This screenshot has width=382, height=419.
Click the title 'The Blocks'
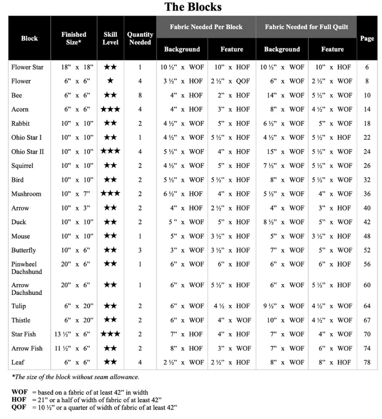tap(193, 7)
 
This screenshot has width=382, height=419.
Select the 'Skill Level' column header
tap(110, 38)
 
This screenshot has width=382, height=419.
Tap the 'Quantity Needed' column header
tap(140, 38)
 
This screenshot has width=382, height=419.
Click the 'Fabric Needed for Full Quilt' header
tap(306, 27)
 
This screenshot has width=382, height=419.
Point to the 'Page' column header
tap(367, 38)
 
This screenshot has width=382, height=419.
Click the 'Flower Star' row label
tap(27, 67)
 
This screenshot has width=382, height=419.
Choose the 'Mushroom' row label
tap(26, 194)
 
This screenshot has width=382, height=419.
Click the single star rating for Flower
tap(110, 81)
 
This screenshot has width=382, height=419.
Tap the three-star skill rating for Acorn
tap(110, 109)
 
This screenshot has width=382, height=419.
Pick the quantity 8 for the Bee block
tap(140, 95)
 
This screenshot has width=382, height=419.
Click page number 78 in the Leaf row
tap(367, 363)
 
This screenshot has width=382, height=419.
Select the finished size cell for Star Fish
tap(74, 334)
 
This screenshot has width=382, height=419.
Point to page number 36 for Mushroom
tap(367, 194)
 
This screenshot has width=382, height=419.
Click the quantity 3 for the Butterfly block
tap(140, 250)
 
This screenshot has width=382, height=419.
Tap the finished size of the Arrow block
tap(74, 208)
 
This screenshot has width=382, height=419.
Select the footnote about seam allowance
tap(75, 377)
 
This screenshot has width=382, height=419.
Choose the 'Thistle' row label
tap(22, 320)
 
